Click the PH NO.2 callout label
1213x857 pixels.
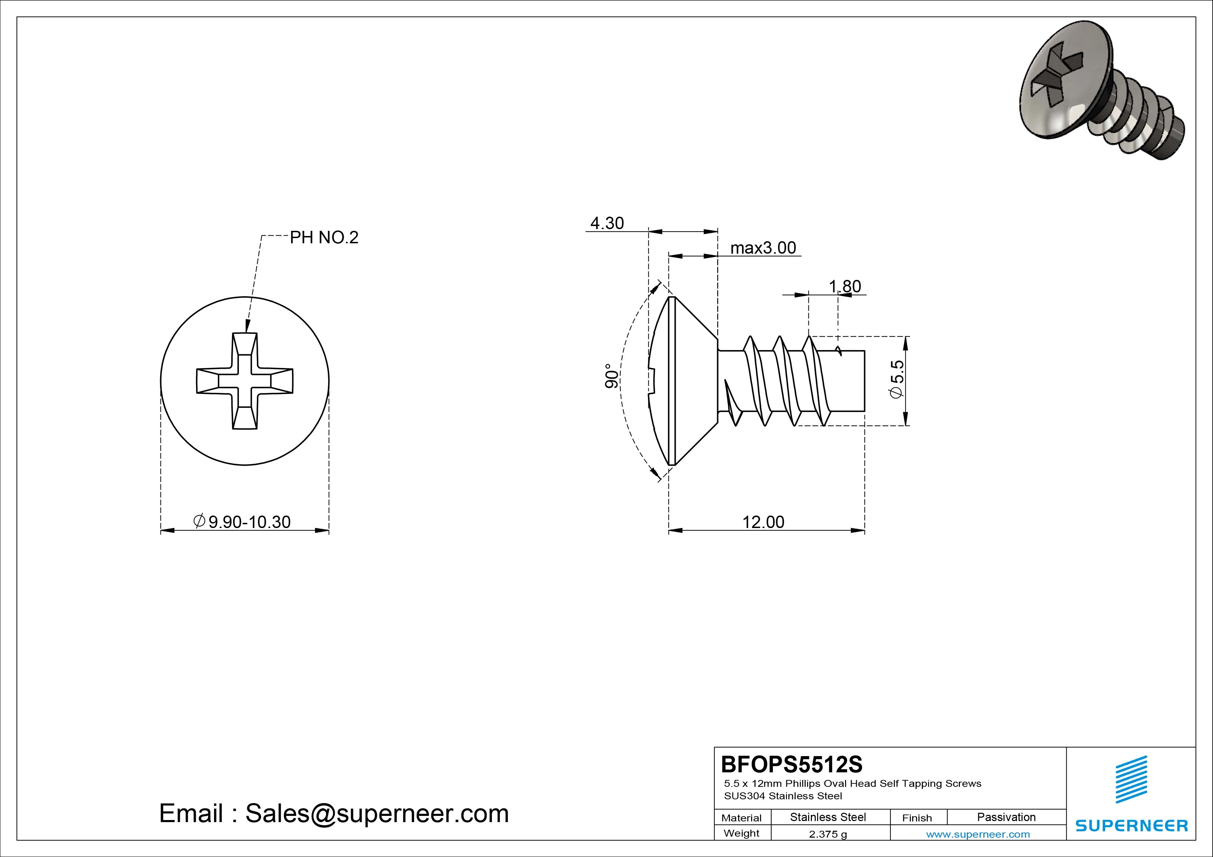pyautogui.click(x=324, y=238)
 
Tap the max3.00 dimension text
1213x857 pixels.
pyautogui.click(x=763, y=248)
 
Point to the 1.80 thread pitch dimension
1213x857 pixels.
pyautogui.click(x=845, y=286)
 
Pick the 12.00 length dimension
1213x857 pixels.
pyautogui.click(x=763, y=522)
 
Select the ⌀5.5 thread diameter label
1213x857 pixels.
pyautogui.click(x=897, y=379)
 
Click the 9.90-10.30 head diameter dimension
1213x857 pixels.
pyautogui.click(x=242, y=522)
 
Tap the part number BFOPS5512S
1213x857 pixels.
pyautogui.click(x=791, y=764)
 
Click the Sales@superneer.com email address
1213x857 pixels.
pyautogui.click(x=377, y=814)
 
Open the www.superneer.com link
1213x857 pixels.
pyautogui.click(x=978, y=834)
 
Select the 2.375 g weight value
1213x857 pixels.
pyautogui.click(x=828, y=834)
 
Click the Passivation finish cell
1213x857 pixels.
pyautogui.click(x=1006, y=817)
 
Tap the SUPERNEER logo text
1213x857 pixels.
pyautogui.click(x=1132, y=825)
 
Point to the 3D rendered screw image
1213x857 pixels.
pyautogui.click(x=1099, y=95)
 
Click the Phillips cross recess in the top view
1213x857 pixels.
pyautogui.click(x=244, y=381)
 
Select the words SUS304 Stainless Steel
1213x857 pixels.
pyautogui.click(x=783, y=796)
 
